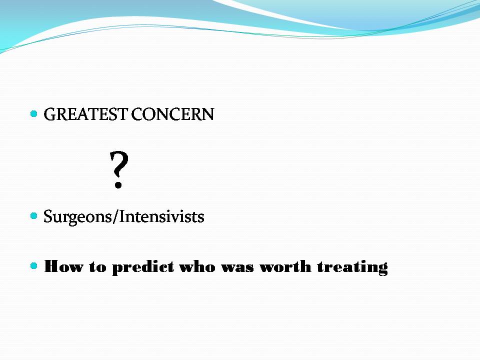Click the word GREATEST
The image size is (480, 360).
[x=85, y=114]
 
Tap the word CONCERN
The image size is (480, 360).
[x=172, y=114]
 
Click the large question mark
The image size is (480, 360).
[x=119, y=169]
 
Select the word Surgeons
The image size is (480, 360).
[x=78, y=217]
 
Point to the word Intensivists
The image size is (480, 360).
[x=161, y=216]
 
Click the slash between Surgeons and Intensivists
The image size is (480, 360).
[x=115, y=216]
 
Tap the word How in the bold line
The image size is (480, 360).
[x=63, y=266]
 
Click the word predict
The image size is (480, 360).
[x=143, y=267]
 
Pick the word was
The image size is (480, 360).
[x=237, y=267]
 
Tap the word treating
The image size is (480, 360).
[x=352, y=267]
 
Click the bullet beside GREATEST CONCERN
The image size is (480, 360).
[x=34, y=114]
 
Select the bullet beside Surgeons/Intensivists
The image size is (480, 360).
[x=34, y=216]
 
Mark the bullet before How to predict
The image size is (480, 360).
[x=34, y=265]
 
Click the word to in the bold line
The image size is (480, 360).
[x=97, y=267]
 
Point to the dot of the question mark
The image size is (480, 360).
[x=118, y=185]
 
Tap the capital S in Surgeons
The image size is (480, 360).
[x=48, y=216]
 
